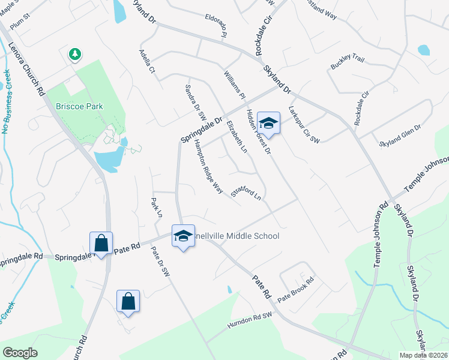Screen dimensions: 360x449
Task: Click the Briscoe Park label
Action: click(x=80, y=106)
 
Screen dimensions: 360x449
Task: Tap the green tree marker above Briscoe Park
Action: click(x=74, y=55)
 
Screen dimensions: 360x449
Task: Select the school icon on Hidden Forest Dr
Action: click(x=268, y=124)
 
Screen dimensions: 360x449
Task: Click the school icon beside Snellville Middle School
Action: click(x=183, y=236)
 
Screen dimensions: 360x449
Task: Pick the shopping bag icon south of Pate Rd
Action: click(x=128, y=301)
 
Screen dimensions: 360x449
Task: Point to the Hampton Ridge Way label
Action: click(x=208, y=168)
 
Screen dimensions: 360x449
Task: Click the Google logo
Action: click(x=20, y=352)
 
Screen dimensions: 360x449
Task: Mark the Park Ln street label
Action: click(x=157, y=206)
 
